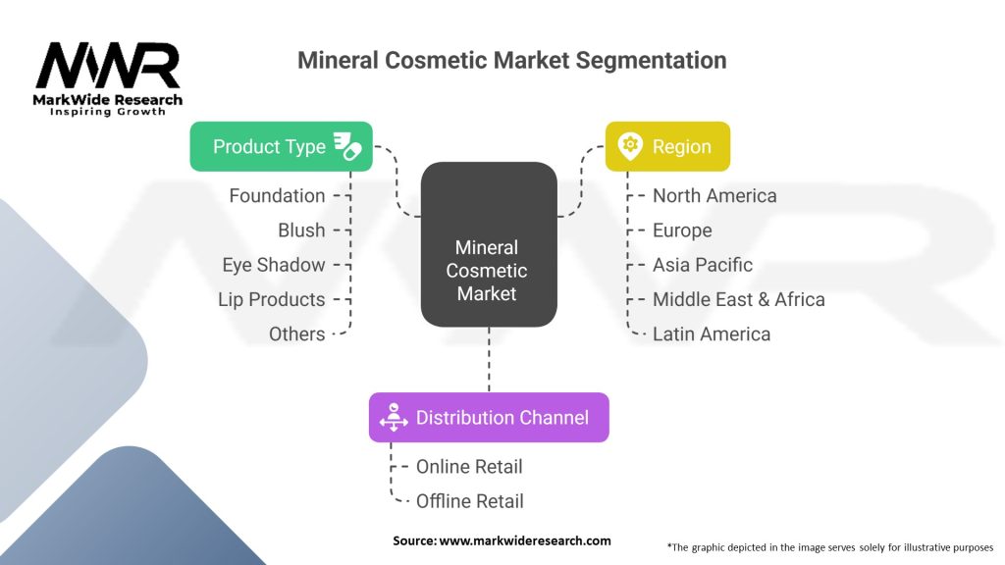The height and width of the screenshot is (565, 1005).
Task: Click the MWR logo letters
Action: pos(108,66)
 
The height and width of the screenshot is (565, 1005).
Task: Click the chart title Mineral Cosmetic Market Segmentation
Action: pos(511,60)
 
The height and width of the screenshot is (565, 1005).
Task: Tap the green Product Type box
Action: pos(281,147)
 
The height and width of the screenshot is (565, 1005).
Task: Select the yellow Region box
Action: pos(667,147)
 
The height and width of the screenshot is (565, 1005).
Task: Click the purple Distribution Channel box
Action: pos(489,418)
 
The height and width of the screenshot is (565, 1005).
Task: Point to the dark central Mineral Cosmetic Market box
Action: pos(489,244)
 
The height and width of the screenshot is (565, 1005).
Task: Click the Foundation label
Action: pos(277,195)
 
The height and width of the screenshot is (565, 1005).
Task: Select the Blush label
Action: pos(301,230)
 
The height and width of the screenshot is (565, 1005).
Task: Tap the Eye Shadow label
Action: pos(274,265)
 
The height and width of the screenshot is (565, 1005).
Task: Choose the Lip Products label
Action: pos(271,299)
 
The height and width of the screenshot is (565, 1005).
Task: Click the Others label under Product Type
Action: pos(296,334)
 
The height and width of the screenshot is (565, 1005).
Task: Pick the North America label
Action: pos(714,195)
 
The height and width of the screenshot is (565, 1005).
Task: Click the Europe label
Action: pos(682,230)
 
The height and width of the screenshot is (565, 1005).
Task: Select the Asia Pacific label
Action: pos(703,265)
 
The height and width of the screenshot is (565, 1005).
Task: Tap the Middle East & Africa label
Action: pos(738,299)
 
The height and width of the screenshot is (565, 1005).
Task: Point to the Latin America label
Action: pos(712,334)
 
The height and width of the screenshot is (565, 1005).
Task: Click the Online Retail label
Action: pos(469,466)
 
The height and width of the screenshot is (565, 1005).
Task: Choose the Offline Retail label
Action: pos(470,501)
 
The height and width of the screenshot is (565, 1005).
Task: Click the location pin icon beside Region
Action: pos(630,146)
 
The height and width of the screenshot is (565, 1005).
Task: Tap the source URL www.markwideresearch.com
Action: pos(525,540)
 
